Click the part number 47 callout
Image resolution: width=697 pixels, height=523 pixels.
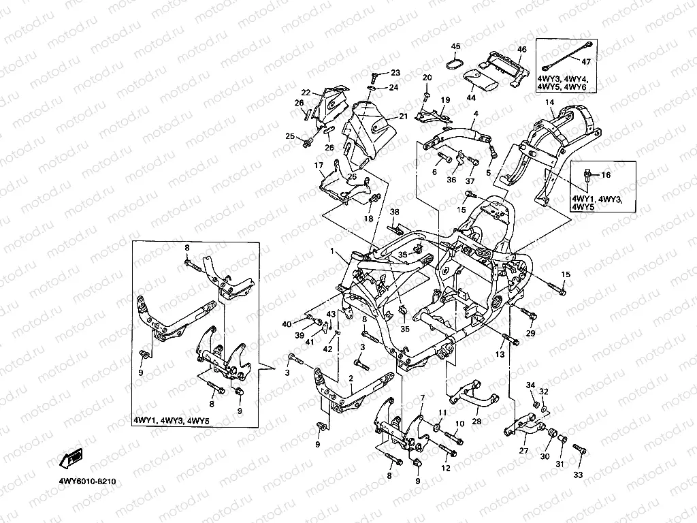point(586,62)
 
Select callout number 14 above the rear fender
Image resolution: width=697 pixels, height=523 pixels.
point(550,102)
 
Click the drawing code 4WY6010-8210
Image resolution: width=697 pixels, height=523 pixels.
point(88,481)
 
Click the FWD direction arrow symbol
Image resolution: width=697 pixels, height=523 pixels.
point(71,458)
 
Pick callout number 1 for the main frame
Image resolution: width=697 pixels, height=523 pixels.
point(331,251)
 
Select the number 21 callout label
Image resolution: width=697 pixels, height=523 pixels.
point(403,116)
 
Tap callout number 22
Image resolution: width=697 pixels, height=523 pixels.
point(306,93)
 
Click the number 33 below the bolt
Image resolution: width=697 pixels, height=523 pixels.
point(577,475)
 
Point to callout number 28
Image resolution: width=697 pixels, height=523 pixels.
point(476,421)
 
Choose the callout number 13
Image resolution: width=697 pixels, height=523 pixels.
point(500,354)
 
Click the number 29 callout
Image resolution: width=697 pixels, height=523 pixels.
point(531,332)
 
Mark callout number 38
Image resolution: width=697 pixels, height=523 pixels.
point(395,212)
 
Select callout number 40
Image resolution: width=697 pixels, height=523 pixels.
point(287,324)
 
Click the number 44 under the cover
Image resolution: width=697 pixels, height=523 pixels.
point(471,97)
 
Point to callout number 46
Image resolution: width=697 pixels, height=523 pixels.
point(522,49)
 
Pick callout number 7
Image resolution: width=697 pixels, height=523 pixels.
point(422,397)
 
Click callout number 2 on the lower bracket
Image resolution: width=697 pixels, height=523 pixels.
point(351,379)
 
